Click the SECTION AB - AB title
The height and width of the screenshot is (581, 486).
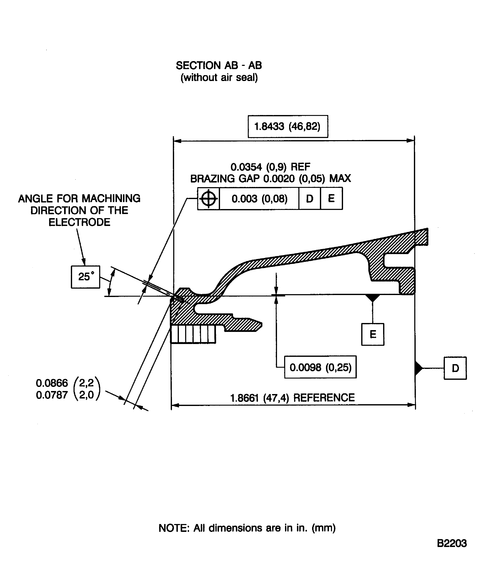pyautogui.click(x=218, y=66)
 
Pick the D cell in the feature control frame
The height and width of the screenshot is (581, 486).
pyautogui.click(x=310, y=199)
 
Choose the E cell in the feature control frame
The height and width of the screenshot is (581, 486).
pyautogui.click(x=331, y=199)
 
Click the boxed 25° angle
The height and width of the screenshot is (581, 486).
pyautogui.click(x=85, y=277)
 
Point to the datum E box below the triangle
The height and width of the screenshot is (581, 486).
pyautogui.click(x=373, y=334)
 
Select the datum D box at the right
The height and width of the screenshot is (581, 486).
pyautogui.click(x=455, y=368)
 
